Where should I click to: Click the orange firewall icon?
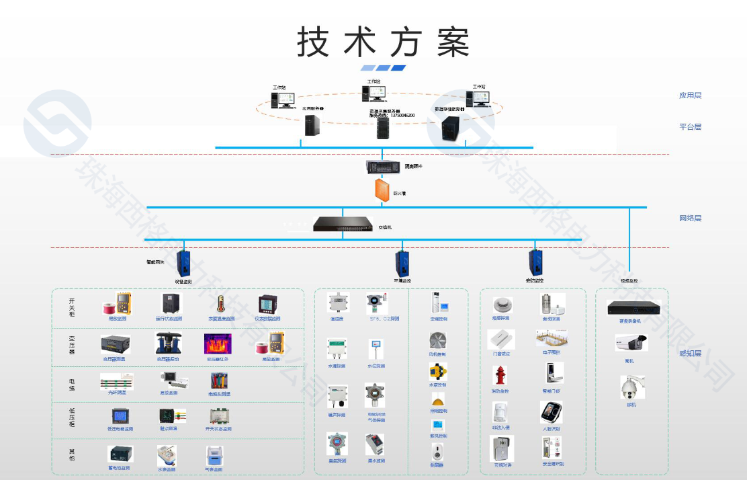coord(382,190)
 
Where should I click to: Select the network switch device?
coord(343,225)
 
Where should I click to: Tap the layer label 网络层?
coord(690,218)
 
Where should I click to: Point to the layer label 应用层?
coord(690,95)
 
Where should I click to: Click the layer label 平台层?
coord(690,126)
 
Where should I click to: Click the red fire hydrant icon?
coord(499,375)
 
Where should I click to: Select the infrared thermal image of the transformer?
coord(218,344)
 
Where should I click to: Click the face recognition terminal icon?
coord(551,413)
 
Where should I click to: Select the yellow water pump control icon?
coord(437,371)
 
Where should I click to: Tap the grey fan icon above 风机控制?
coord(438,339)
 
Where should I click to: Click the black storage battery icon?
coord(120,454)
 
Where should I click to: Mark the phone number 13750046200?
coord(398,116)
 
